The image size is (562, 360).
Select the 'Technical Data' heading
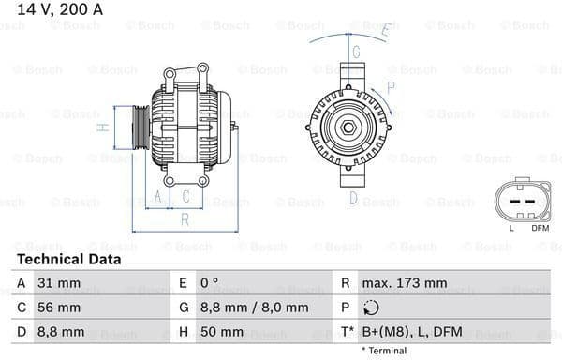pos(68,259)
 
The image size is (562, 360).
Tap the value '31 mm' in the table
pos(61,282)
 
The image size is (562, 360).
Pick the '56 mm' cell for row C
pos(61,307)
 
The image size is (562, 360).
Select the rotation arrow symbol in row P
pos(371,307)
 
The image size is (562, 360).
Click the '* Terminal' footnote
pos(384,351)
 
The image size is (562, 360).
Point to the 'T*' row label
pos(346,332)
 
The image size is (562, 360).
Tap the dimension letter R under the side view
pos(185,219)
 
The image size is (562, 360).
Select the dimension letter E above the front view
pos(385,30)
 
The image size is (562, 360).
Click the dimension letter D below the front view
pos(353,197)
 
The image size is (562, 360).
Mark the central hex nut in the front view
pos(346,127)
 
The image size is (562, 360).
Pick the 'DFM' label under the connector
pos(540,228)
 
